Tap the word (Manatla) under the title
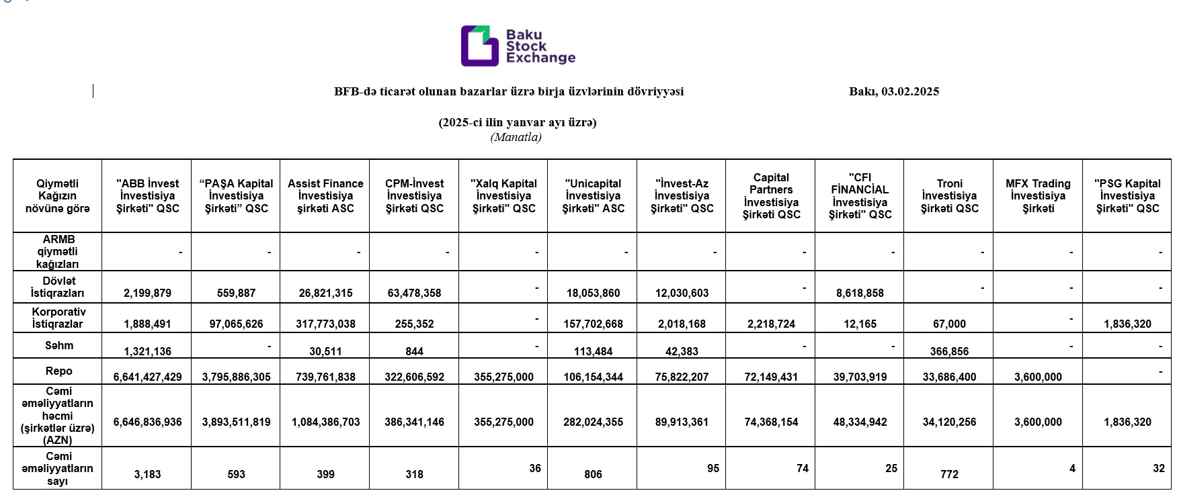[x=516, y=138]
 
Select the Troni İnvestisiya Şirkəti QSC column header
[x=949, y=195]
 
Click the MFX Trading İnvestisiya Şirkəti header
[x=1038, y=195]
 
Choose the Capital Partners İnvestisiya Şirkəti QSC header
[x=771, y=195]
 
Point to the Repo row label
[x=58, y=371]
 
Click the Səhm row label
[x=58, y=345]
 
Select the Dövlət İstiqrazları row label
[x=58, y=287]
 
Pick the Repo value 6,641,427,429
[x=147, y=377]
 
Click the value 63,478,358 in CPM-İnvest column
[x=414, y=293]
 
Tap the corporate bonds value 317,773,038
[x=325, y=324]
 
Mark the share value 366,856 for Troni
[x=949, y=351]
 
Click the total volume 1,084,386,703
[x=325, y=422]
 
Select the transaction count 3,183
[x=147, y=474]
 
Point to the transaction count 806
[x=593, y=474]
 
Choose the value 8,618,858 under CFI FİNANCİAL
[x=860, y=293]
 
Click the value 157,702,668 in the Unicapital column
[x=593, y=324]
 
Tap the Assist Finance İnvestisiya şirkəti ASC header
[x=325, y=195]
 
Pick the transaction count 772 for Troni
[x=949, y=474]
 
